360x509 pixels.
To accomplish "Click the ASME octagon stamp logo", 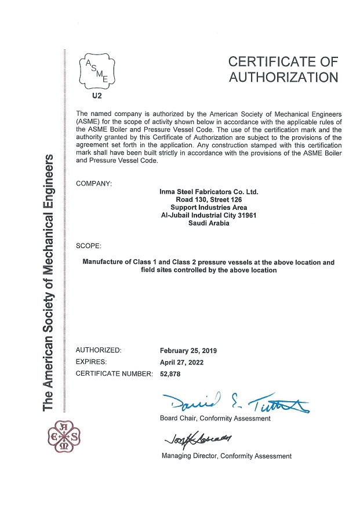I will coord(97,73).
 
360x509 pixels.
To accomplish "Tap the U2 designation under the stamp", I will coord(97,97).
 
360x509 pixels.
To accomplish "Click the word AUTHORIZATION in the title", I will coord(283,77).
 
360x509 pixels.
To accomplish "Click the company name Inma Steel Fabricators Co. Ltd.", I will coord(209,191).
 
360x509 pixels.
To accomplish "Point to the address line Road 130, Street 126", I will coord(209,199).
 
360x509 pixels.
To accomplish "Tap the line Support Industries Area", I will coord(209,208).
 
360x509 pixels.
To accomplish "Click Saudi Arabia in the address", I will coord(209,224).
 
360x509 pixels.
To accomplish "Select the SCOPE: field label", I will coord(88,246).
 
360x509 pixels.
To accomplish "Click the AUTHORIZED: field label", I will coord(99,351).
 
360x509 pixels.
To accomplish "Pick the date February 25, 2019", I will coord(188,351).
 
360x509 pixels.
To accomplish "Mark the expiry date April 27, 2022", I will coord(181,362).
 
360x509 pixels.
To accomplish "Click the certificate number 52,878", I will coord(171,374).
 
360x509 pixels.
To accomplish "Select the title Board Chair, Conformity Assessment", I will coord(215,419).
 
